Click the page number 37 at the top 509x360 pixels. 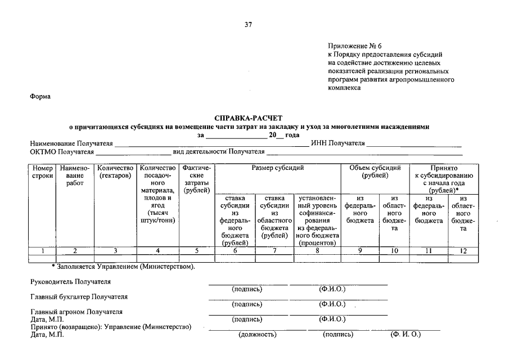248,25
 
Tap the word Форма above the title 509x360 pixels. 40,96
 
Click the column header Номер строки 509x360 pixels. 42,172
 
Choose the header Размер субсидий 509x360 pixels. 277,168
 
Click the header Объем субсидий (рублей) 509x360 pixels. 375,172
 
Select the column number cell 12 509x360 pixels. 463,251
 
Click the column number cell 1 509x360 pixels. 42,251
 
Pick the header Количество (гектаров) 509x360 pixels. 115,172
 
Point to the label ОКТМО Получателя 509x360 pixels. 62,152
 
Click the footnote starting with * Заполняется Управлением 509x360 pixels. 123,266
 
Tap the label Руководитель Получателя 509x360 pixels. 70,281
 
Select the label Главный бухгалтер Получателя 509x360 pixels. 79,296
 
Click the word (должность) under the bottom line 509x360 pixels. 258,335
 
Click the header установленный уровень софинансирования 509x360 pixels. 317,221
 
